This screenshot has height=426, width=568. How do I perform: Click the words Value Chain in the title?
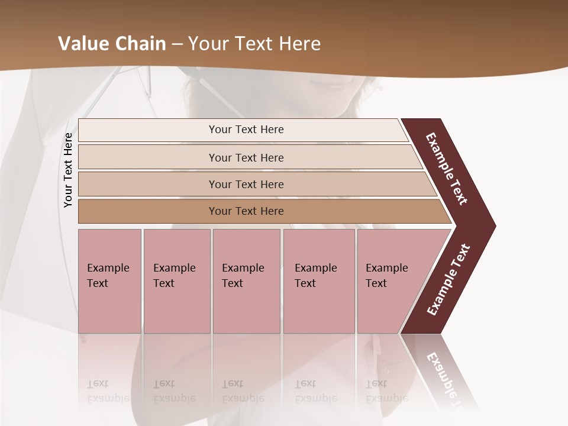point(112,44)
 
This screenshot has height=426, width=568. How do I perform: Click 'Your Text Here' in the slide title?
point(254,44)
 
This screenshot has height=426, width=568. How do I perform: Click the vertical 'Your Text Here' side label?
point(68,170)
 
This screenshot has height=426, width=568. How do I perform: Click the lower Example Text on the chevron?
point(448,280)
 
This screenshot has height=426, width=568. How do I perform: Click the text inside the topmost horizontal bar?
point(246,130)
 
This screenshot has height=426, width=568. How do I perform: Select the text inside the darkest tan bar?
point(246,211)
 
